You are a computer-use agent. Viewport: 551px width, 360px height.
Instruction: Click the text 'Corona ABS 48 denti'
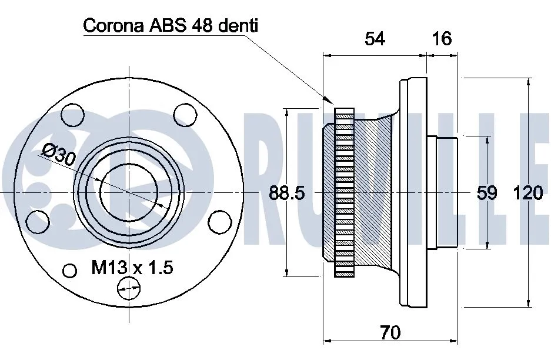[171, 26]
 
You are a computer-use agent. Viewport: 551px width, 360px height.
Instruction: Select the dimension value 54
[375, 39]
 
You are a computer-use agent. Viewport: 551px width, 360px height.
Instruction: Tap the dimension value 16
[442, 39]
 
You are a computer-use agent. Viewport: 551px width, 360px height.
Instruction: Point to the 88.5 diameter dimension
[287, 193]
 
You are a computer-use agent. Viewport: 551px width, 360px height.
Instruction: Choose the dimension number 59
[487, 193]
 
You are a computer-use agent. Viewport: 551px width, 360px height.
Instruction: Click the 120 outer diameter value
[527, 193]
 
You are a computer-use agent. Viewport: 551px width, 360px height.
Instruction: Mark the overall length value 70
[390, 333]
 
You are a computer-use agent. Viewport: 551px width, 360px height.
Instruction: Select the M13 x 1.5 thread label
[132, 269]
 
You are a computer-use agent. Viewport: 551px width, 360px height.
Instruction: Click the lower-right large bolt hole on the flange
[220, 222]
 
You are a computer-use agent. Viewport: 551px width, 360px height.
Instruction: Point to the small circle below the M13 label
[129, 288]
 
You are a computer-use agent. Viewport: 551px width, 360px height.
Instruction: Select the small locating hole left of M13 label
[70, 271]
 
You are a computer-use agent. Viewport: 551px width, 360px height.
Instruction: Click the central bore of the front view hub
[128, 193]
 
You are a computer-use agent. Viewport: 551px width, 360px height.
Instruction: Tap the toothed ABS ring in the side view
[344, 193]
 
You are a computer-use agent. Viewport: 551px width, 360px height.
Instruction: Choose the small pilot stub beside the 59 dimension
[442, 193]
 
